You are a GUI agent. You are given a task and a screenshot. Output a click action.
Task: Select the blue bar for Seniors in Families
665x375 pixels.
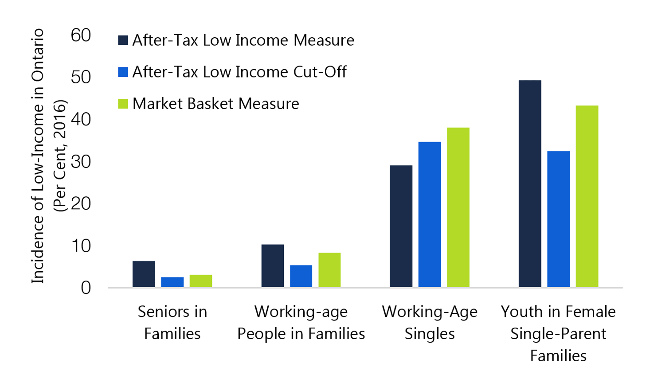coord(172,282)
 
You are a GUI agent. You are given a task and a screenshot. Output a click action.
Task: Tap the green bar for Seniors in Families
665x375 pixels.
coord(201,281)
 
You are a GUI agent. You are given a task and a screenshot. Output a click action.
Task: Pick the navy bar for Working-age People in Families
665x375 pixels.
coord(273,266)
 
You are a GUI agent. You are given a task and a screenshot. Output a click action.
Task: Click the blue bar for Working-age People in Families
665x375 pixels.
coord(301,276)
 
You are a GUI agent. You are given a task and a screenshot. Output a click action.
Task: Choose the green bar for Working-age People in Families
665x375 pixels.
coord(329,270)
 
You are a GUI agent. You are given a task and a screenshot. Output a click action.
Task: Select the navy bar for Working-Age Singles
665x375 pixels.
coord(401,226)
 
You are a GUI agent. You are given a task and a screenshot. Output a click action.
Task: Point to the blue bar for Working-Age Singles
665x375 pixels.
coord(430,215)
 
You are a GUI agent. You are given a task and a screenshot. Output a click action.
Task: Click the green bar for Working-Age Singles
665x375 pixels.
coord(458,207)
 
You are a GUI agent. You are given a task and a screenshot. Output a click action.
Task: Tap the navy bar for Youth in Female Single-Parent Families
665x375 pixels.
coord(530,184)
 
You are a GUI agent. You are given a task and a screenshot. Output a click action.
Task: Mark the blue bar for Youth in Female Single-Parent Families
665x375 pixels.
coord(559,219)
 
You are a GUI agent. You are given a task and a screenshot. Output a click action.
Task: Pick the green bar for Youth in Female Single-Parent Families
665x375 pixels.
coord(587,196)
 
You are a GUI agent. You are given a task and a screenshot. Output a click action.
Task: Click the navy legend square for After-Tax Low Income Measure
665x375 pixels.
coord(123,40)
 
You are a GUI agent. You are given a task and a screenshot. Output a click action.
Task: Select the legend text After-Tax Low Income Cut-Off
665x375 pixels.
coord(239,72)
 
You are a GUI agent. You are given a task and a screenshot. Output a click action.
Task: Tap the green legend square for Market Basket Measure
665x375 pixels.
coord(123,104)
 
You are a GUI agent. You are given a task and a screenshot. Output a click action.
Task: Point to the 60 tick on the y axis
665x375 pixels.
coord(81,35)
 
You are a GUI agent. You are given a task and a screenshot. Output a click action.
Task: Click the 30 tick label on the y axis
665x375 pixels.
coord(81,162)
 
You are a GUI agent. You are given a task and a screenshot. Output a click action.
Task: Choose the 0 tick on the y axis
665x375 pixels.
coord(86,288)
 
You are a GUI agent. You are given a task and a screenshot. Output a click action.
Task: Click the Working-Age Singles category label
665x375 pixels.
coord(430,322)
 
